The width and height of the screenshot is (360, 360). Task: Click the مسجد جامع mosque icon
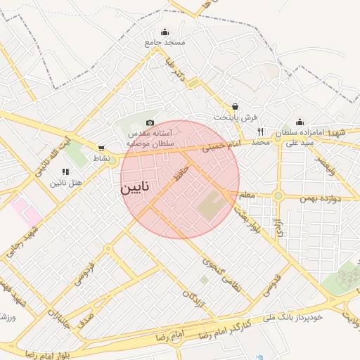(x=165, y=32)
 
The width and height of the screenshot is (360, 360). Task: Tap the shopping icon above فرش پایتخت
(x=234, y=106)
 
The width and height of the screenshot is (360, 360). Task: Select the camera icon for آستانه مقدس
(x=150, y=123)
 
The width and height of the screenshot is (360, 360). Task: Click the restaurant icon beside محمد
(x=260, y=131)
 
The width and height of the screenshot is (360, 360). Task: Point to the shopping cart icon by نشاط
(x=102, y=148)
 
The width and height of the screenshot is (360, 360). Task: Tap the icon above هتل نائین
(x=65, y=172)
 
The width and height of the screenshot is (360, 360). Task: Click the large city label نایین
(x=134, y=188)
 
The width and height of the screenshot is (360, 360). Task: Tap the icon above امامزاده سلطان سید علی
(x=300, y=122)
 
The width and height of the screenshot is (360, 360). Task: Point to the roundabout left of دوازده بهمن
(x=278, y=195)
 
